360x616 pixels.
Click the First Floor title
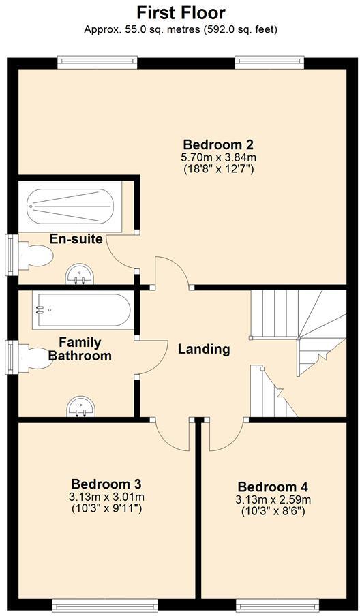[x=181, y=12]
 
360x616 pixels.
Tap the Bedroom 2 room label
[x=218, y=144]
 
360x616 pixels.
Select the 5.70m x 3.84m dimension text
[x=218, y=157]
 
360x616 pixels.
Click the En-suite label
[x=76, y=239]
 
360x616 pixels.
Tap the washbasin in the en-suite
[x=80, y=275]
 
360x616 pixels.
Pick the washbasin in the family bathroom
[x=80, y=407]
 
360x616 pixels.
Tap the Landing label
[x=204, y=350]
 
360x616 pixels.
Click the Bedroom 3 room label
[x=106, y=484]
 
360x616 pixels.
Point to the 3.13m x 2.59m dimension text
[x=273, y=499]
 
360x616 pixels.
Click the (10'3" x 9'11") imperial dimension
[x=106, y=508]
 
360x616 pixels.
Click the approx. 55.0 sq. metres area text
[x=181, y=29]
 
